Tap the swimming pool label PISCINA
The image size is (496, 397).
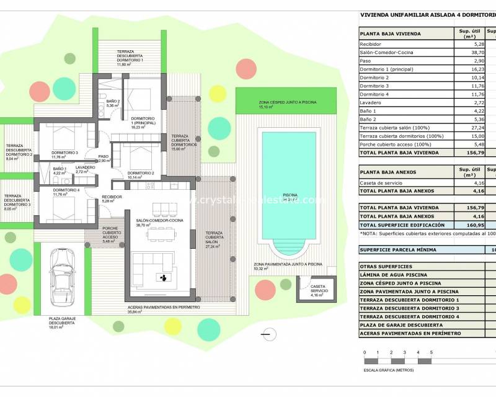(x=290, y=195)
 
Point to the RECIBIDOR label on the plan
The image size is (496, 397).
(x=112, y=197)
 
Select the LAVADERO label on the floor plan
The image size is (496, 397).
(x=85, y=167)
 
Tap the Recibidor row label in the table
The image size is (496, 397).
(x=371, y=45)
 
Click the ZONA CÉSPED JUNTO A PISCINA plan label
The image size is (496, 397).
(x=286, y=103)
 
